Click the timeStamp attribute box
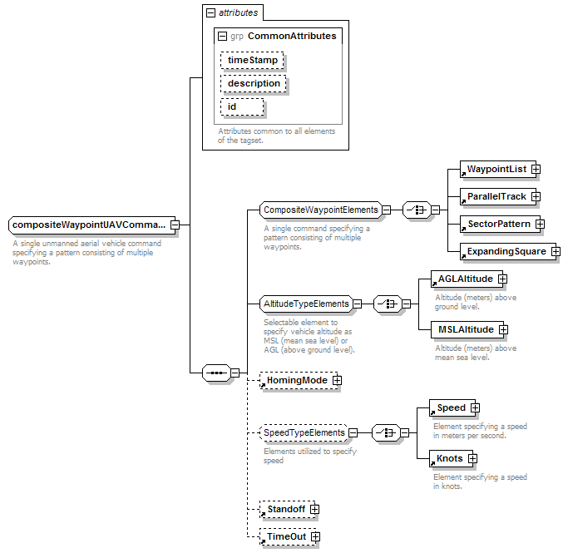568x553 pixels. (252, 60)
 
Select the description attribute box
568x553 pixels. (253, 83)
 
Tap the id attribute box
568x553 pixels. (242, 106)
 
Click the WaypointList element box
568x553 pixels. (497, 169)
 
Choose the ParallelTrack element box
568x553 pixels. (497, 196)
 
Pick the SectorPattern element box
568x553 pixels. (500, 225)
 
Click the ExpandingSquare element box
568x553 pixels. (508, 252)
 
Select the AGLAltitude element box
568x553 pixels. (467, 279)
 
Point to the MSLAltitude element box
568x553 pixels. (467, 329)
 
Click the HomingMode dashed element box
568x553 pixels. (299, 380)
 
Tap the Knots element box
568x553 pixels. (451, 459)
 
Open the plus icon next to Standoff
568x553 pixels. (315, 509)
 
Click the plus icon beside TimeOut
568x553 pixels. (315, 536)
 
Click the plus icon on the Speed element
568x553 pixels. (475, 408)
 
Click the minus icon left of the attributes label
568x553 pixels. (210, 13)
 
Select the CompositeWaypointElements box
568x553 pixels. (321, 210)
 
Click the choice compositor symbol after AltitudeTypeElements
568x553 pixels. (388, 304)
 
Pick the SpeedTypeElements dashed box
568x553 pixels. (304, 432)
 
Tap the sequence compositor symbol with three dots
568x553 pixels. (216, 373)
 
